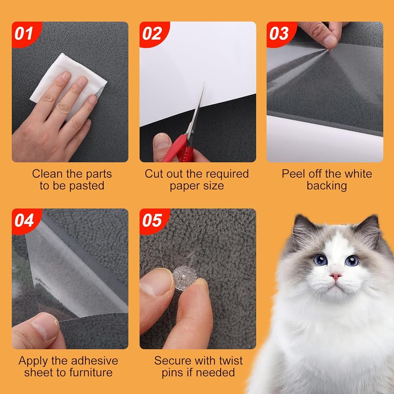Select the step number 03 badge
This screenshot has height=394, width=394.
click(x=280, y=33)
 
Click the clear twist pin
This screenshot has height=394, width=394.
click(x=184, y=278)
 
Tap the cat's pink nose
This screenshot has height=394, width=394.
click(x=336, y=276)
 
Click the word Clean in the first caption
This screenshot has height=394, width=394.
click(x=47, y=174)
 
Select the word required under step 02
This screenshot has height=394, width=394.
click(x=229, y=174)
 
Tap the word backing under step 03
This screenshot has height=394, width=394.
click(x=327, y=186)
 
